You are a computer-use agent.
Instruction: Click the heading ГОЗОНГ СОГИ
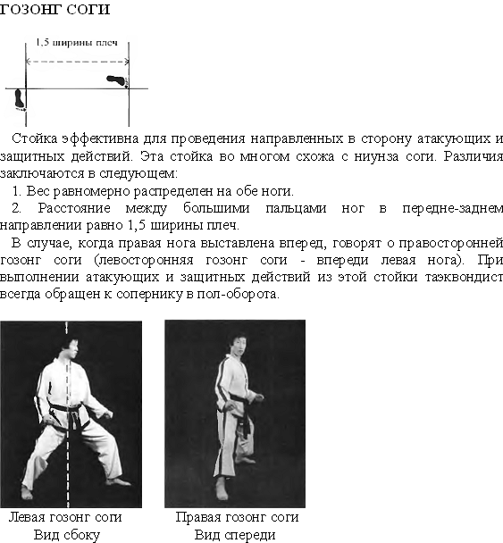coord(54,9)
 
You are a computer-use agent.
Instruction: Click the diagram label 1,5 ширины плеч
coord(77,43)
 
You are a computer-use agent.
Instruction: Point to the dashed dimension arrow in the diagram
coord(78,62)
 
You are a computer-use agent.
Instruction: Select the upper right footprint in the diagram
coord(117,80)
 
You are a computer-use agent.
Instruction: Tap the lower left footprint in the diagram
coord(20,99)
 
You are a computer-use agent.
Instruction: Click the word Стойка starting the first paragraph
coord(34,138)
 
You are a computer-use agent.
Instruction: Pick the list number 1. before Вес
coord(17,191)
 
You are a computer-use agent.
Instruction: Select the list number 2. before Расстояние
coord(17,208)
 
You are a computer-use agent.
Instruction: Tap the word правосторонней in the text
coord(450,243)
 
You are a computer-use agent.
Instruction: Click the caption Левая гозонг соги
coord(65,517)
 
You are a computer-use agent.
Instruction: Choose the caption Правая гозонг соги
coord(237,517)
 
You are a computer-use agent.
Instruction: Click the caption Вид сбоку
coord(67,535)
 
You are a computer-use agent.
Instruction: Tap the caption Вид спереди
coord(235,535)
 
